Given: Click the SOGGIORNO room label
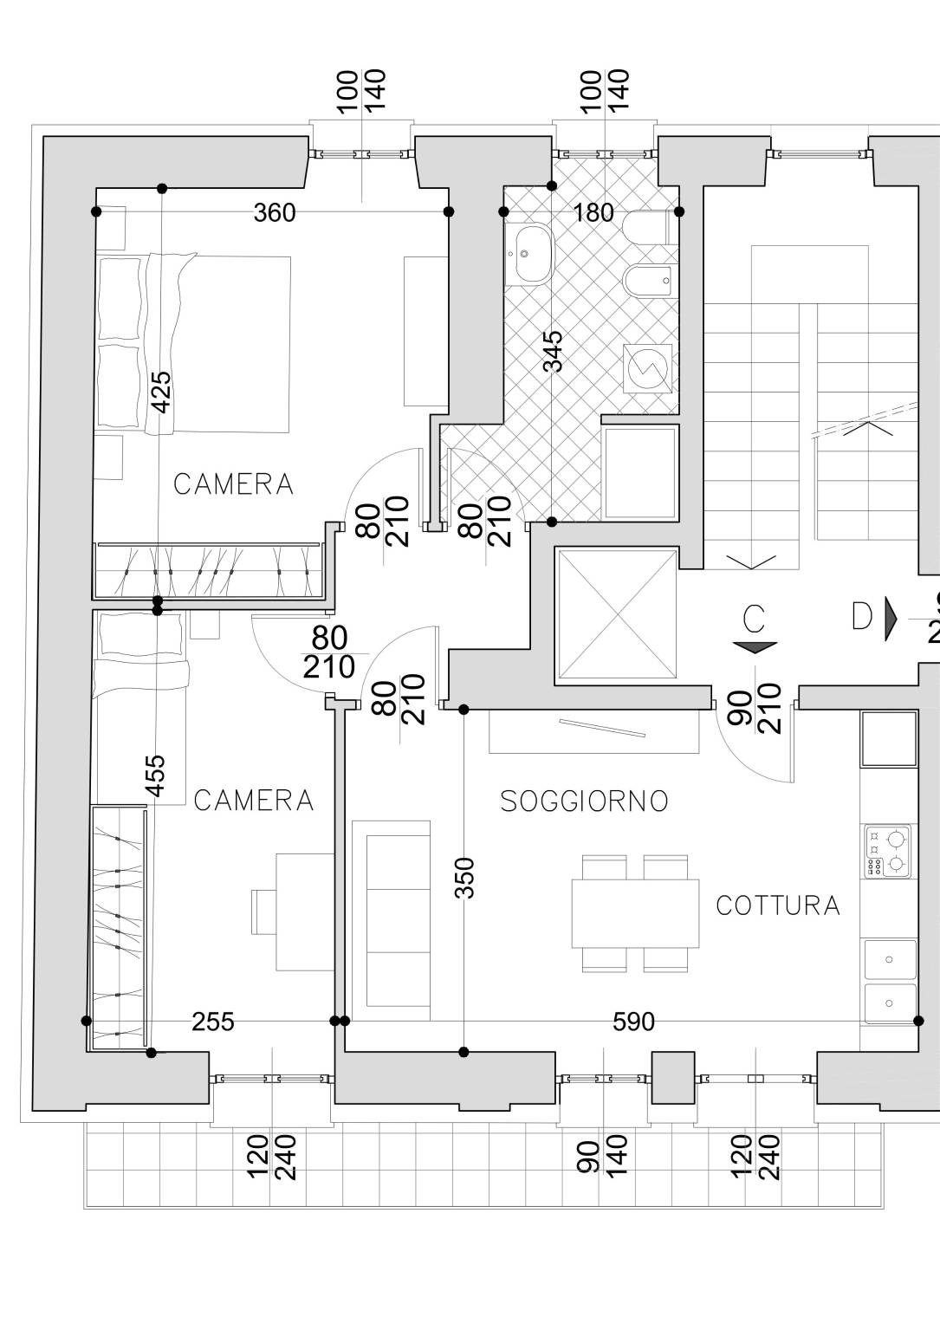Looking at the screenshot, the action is click(x=584, y=801).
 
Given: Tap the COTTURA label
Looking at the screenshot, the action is click(x=778, y=906).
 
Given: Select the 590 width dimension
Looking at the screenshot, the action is click(x=633, y=1022).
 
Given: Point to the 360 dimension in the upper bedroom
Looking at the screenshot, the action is click(x=275, y=212).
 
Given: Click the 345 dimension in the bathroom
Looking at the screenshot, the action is click(x=553, y=351).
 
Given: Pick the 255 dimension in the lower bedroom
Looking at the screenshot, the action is click(x=212, y=1022).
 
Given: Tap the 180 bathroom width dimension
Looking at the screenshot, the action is click(x=593, y=212).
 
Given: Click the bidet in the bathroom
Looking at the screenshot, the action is click(x=651, y=280).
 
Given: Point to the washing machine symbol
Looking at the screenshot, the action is click(x=648, y=368).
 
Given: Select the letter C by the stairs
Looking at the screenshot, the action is click(x=754, y=620).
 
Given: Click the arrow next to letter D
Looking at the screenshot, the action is click(x=891, y=619).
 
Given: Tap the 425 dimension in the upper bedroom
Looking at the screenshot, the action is click(x=161, y=392).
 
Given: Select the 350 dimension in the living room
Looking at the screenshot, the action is click(x=465, y=879).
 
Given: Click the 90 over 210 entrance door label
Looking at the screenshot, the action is click(x=755, y=708).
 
